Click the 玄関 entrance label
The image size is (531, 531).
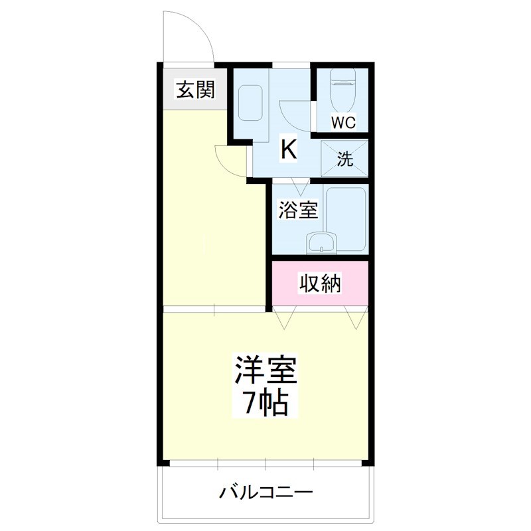pos(195,89)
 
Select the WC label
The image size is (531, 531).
pos(344,122)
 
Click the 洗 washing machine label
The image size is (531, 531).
pos(344,159)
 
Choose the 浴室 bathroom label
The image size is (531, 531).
pos(297,210)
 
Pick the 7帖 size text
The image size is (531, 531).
pos(264,403)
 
